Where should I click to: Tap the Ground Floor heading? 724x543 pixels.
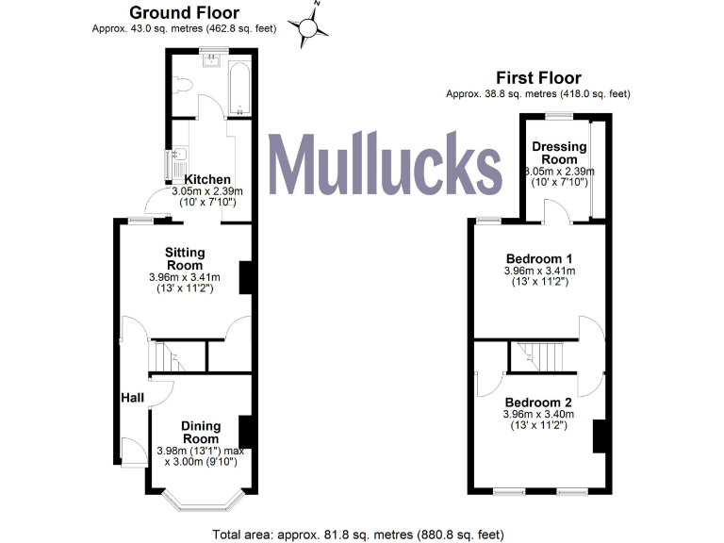coord(184,13)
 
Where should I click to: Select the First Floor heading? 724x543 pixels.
coord(540,78)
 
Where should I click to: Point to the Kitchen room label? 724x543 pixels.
coord(207,179)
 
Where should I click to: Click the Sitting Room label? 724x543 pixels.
coord(185,258)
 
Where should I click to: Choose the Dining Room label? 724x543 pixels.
coord(201,432)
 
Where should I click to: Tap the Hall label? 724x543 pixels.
coord(132,399)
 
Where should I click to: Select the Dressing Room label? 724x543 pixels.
coord(559,153)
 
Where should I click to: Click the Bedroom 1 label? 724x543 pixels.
coord(539,258)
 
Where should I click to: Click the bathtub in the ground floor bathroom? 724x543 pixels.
coord(239,88)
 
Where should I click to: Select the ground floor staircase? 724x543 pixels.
coord(177,355)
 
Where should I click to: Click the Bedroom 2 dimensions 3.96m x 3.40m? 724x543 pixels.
coord(539,415)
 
